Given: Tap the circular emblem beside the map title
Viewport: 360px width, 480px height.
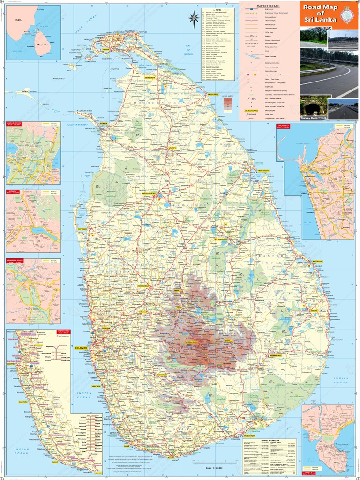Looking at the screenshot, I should [x=347, y=15].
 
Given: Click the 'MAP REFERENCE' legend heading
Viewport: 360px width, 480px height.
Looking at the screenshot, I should [x=268, y=6].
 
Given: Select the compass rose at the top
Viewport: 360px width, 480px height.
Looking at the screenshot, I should [x=194, y=19].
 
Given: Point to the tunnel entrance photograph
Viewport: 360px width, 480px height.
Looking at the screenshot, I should [x=313, y=108].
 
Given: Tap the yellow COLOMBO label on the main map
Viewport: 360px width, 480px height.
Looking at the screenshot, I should [x=81, y=348].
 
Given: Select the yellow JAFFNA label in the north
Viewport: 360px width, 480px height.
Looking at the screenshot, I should [x=106, y=49].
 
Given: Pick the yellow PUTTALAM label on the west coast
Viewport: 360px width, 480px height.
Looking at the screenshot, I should [x=82, y=229].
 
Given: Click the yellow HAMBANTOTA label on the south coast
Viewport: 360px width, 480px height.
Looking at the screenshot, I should [x=251, y=436].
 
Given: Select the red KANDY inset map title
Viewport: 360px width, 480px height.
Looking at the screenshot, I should [x=12, y=191].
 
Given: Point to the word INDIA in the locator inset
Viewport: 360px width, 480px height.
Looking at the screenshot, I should [x=19, y=21].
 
